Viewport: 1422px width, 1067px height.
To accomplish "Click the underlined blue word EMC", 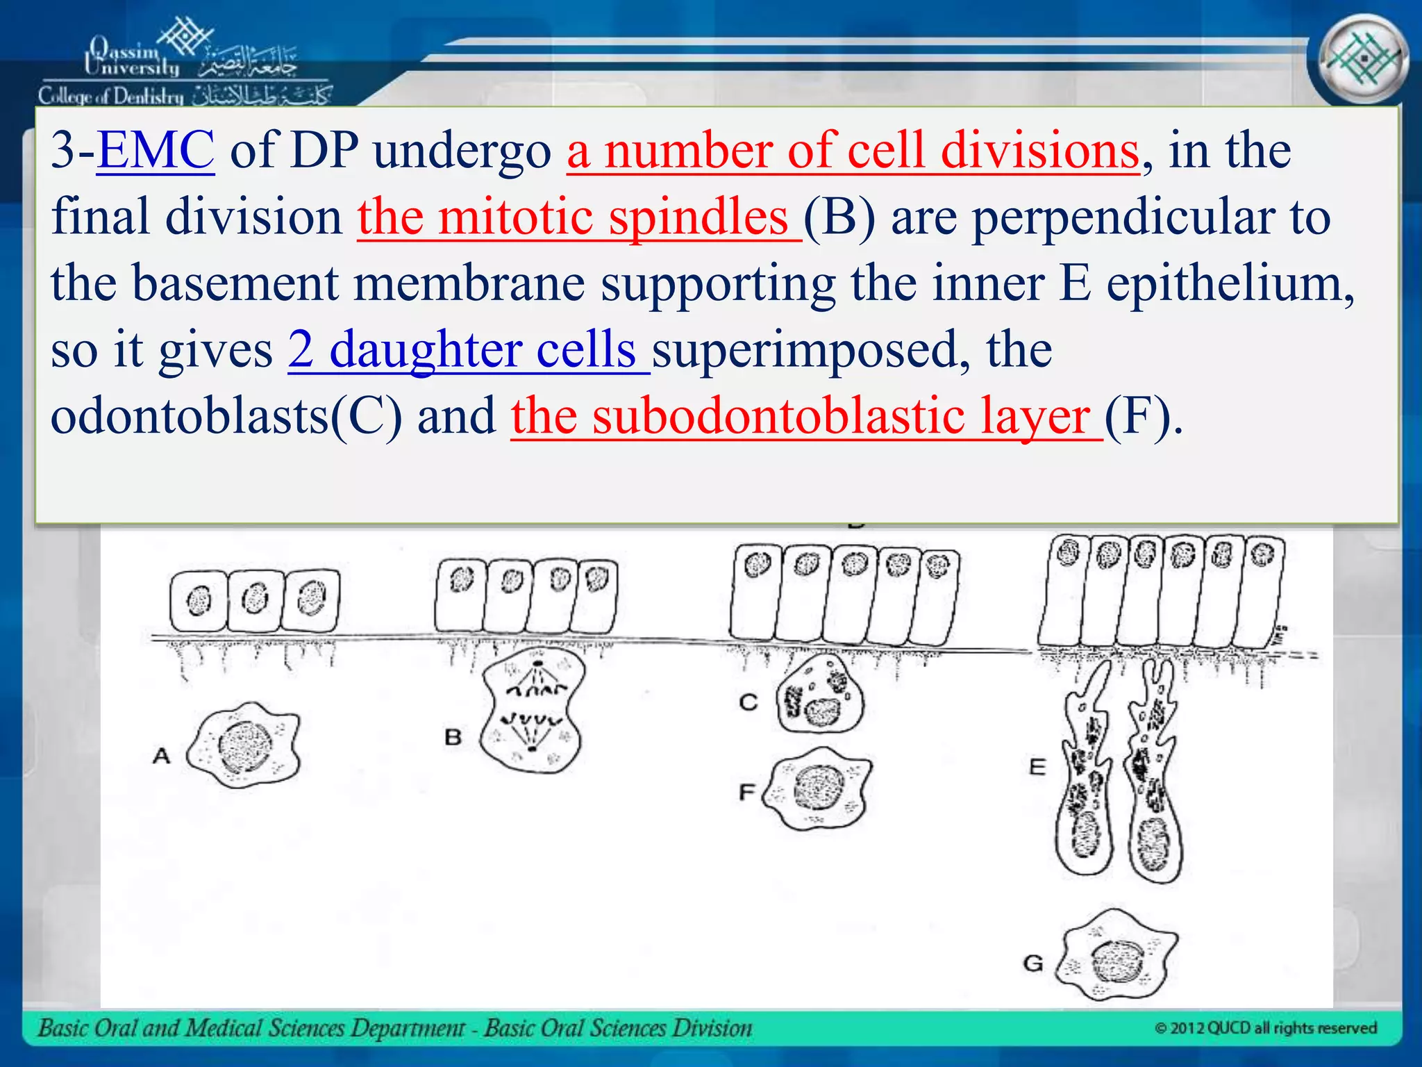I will point(156,150).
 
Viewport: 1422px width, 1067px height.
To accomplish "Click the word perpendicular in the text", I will point(1122,217).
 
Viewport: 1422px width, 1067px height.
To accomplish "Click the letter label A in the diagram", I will point(161,755).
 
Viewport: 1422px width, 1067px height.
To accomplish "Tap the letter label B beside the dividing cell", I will point(453,737).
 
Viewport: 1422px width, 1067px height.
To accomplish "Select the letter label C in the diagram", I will point(748,702).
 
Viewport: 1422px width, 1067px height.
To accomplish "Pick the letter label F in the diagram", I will point(747,791).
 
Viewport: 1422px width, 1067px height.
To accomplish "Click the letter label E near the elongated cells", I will point(1037,767).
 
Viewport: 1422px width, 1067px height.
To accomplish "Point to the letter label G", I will point(1033,963).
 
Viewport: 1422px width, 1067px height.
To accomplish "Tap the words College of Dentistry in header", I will point(111,96).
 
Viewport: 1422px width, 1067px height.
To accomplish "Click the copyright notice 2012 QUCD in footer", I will point(1265,1028).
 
